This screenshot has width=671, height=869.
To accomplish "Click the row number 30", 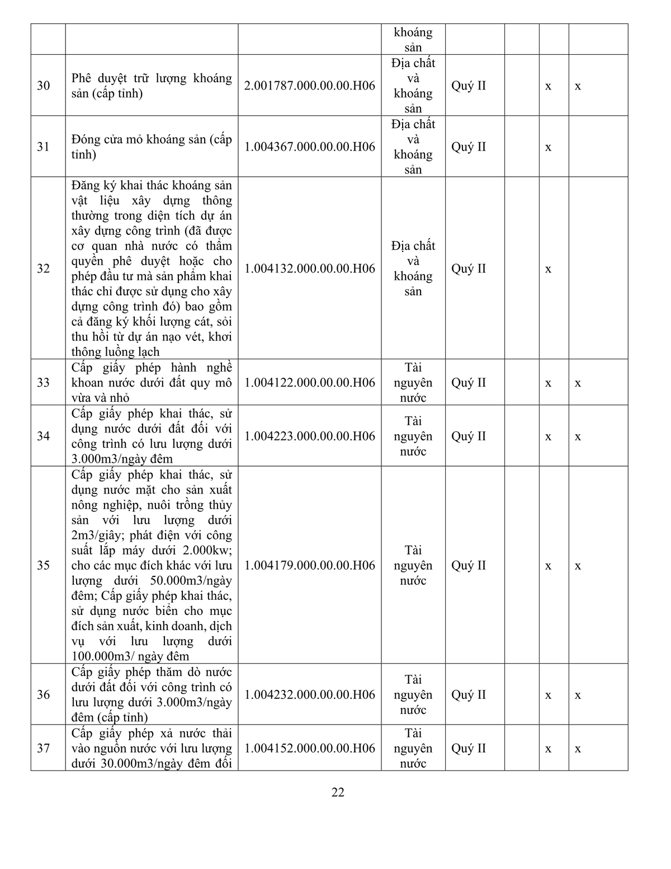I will (44, 86).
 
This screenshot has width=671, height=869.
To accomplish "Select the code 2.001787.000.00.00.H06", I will (310, 86).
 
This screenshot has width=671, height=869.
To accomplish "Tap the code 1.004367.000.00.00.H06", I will (310, 147).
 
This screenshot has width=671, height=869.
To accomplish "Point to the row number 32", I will (44, 269).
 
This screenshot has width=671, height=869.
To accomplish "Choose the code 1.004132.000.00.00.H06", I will (310, 269).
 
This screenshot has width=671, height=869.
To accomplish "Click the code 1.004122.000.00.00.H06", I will (310, 383).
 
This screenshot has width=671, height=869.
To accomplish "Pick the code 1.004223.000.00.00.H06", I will (310, 436).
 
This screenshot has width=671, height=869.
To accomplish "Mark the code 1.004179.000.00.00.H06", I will (310, 565).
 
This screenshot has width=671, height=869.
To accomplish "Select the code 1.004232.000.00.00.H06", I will (310, 694).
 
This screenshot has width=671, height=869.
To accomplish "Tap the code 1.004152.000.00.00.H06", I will (310, 748).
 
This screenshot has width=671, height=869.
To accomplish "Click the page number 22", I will (338, 792).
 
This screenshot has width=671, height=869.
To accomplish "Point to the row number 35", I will (44, 565).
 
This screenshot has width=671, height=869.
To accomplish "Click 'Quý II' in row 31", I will (469, 147).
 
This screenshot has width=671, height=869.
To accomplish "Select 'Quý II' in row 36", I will (469, 694).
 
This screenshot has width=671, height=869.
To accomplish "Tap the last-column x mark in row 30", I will (578, 86).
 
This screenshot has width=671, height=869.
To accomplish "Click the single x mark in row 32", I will (548, 269).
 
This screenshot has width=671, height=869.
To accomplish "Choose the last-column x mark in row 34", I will (578, 436).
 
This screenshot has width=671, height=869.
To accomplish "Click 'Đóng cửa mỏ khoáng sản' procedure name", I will (152, 147).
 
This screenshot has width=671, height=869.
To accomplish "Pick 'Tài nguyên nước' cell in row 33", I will (413, 383).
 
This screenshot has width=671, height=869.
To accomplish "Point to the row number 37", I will (44, 748).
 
